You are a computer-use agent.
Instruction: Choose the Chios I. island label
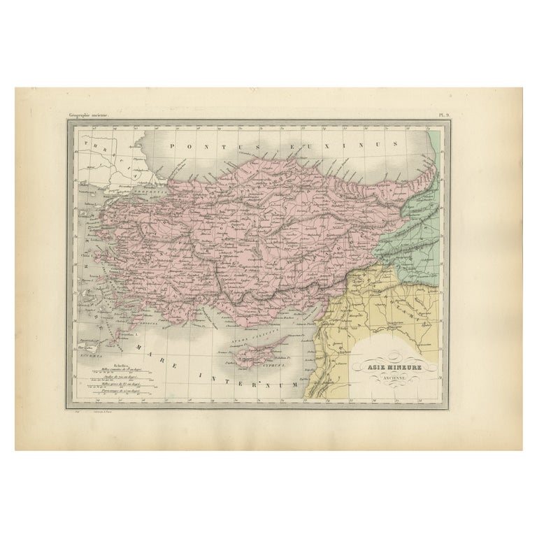tap(84, 260)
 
